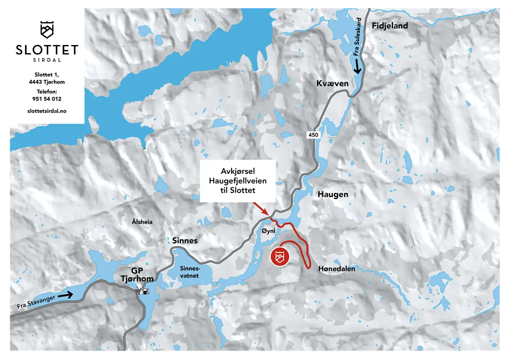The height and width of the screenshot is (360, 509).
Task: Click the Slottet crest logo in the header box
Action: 47,29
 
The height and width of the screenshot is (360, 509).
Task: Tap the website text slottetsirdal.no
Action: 47,110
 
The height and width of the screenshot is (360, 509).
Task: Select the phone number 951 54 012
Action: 47,99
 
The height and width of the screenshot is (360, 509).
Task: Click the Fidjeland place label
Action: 390,26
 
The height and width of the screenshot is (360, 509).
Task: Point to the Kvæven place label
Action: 332,84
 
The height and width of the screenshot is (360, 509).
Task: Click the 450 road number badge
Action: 313,134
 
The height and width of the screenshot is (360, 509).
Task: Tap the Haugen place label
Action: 333,194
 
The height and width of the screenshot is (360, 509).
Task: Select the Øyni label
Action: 269,231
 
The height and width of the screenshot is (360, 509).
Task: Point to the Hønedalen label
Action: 336,269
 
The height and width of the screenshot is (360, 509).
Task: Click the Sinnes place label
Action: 185,241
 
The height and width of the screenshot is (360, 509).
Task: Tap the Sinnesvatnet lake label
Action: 189,272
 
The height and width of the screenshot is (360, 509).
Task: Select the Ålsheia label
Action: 142,222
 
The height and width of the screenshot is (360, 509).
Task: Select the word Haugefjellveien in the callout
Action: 238,181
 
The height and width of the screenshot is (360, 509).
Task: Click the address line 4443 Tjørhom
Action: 47,82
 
